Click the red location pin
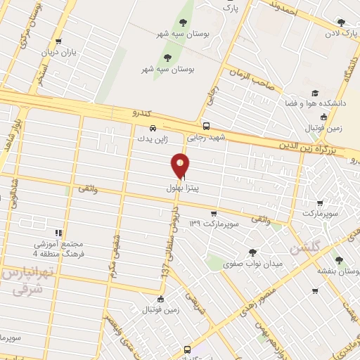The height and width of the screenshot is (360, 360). click(180, 165)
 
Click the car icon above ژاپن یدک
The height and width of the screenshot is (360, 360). click(153, 129)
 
